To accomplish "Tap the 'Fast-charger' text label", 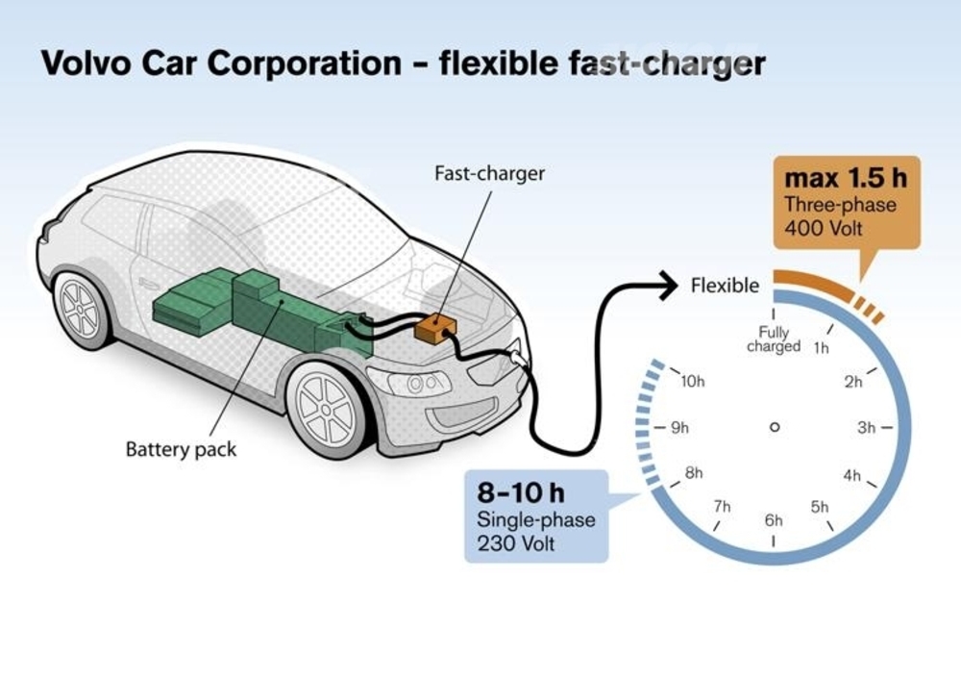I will (x=489, y=174).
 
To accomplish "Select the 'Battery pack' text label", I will (x=181, y=448).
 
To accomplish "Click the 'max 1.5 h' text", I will (x=846, y=179).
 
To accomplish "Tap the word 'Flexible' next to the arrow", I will (x=725, y=286).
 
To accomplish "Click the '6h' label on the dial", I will (x=774, y=520).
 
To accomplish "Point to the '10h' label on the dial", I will (x=693, y=381).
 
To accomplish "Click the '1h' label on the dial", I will (x=821, y=348).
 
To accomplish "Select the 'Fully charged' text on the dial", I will (x=774, y=339).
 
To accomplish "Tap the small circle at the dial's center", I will (x=774, y=427).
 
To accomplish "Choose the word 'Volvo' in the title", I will (x=87, y=63).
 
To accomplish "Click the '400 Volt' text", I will (x=825, y=228).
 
